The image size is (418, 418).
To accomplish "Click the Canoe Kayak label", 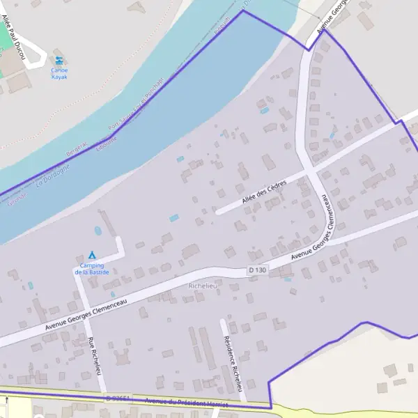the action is point(60,74).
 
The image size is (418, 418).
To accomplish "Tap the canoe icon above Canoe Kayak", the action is point(60,61).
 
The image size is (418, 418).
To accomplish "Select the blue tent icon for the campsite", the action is point(91,255).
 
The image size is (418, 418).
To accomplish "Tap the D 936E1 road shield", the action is point(118,398).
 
